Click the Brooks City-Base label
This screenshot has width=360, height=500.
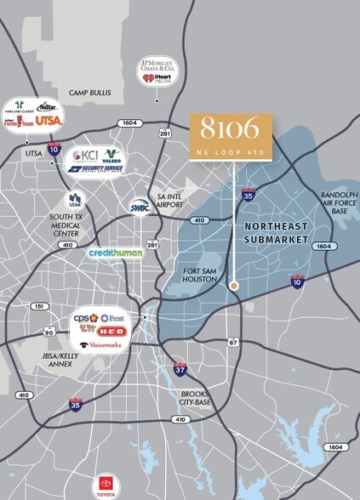coord(197,398)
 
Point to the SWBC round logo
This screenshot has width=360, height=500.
coord(140,205)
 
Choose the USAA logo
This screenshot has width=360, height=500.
coord(75,201)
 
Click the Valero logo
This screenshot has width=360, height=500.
coord(111,157)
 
